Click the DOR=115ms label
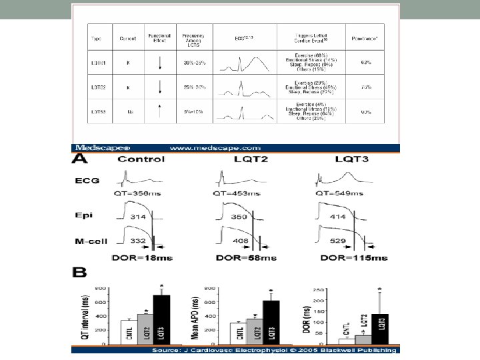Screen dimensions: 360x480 pyautogui.click(x=354, y=257)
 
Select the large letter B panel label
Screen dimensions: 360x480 pyautogui.click(x=79, y=272)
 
